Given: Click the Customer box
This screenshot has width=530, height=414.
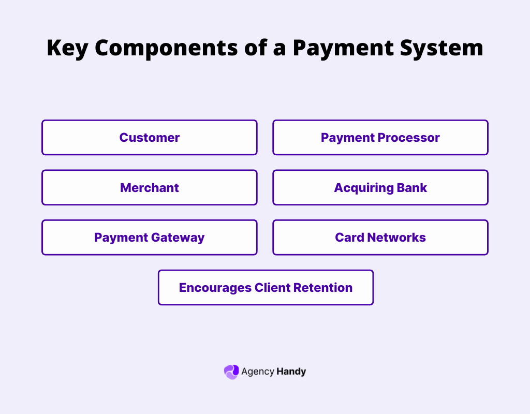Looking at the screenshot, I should click(x=149, y=138).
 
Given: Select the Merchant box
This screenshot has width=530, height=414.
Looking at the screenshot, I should click(x=149, y=187).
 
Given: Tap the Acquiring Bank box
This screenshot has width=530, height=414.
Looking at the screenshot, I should click(x=380, y=187).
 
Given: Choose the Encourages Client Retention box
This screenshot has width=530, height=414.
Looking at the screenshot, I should click(x=266, y=287).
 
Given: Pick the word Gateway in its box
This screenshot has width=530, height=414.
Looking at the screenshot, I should click(x=178, y=238).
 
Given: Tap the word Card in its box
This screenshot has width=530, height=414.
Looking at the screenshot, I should click(x=349, y=238).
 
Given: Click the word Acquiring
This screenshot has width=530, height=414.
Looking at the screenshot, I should click(x=364, y=187).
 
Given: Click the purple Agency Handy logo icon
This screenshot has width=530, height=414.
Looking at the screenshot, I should click(x=231, y=372).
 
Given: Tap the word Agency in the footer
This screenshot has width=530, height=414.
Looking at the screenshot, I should click(x=257, y=372).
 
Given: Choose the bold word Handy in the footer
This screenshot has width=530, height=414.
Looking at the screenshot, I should click(x=291, y=372).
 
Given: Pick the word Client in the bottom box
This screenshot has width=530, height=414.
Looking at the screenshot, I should click(x=273, y=287).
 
